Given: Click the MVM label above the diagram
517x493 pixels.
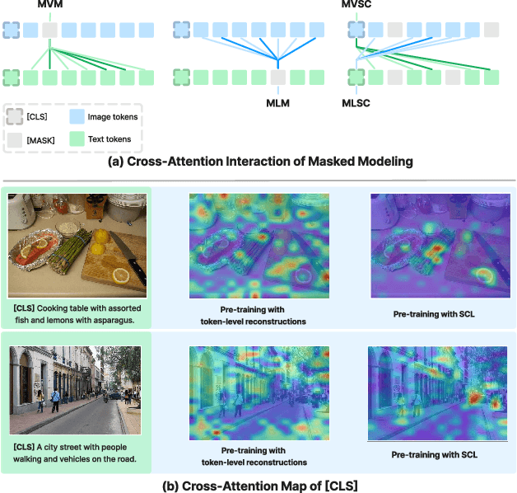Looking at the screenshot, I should click(49, 6).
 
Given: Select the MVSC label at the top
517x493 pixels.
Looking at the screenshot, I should click(356, 6).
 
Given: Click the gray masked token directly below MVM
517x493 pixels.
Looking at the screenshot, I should click(50, 31).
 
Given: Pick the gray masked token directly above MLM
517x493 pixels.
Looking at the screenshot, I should click(277, 78).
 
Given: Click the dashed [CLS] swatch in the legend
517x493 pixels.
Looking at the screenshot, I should click(15, 117).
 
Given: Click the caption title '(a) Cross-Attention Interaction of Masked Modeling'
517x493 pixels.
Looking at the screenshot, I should click(258, 162).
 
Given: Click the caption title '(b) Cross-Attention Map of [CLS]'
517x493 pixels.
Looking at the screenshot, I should click(258, 484).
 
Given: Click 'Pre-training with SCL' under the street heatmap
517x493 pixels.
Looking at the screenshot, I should click(435, 454).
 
